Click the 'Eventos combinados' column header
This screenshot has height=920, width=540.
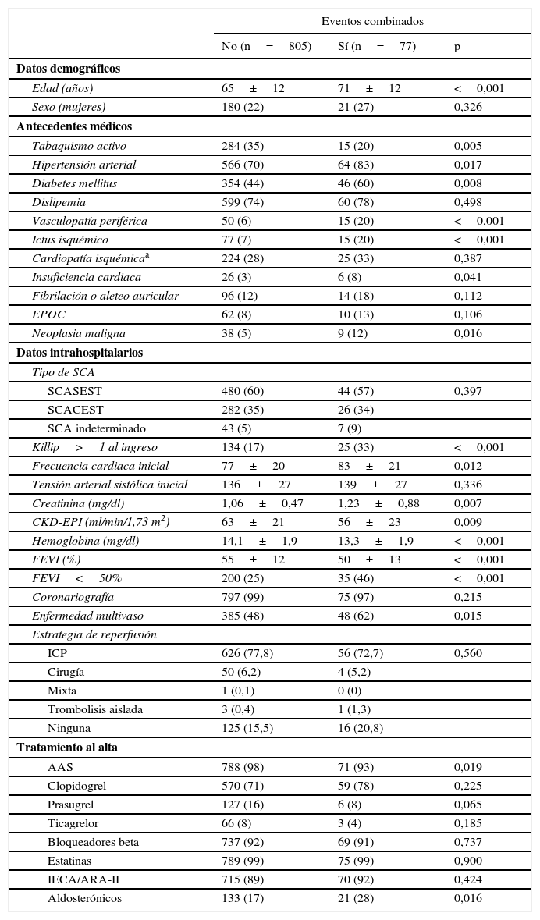tap(372, 21)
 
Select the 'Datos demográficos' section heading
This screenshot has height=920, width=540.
tap(68, 69)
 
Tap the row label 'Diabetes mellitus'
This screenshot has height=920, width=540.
tap(74, 183)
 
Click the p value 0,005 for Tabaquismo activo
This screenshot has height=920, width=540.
tap(467, 146)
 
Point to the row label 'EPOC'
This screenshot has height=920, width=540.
tap(48, 314)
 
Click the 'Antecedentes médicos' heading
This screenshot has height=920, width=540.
tap(74, 126)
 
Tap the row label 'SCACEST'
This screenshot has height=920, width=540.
tap(75, 410)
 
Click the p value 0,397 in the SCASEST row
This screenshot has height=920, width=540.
tap(467, 391)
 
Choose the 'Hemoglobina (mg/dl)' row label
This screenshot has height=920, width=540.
tap(85, 541)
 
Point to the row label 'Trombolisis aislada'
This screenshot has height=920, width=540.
tap(94, 709)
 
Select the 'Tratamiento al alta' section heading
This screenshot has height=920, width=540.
tap(66, 748)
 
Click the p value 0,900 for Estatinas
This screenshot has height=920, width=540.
tap(467, 861)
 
